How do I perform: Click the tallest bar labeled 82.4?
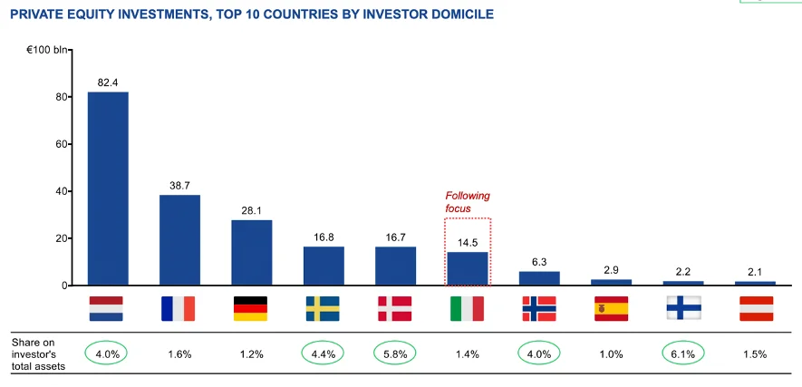[x=108, y=188]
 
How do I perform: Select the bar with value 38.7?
[x=179, y=239]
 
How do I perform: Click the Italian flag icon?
[x=467, y=308]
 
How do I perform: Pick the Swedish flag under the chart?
[x=323, y=308]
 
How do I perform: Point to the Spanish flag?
[x=611, y=308]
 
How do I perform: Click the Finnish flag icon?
[x=682, y=308]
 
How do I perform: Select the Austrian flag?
[x=755, y=308]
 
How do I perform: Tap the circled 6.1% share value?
[x=682, y=353]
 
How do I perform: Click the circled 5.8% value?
[x=395, y=353]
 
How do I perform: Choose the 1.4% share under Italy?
[x=467, y=353]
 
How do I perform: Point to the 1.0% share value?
[x=611, y=353]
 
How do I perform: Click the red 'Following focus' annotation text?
[x=467, y=202]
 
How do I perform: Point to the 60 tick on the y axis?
[x=63, y=144]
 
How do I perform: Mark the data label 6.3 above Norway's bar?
[x=539, y=260]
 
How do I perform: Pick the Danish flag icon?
[x=395, y=308]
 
